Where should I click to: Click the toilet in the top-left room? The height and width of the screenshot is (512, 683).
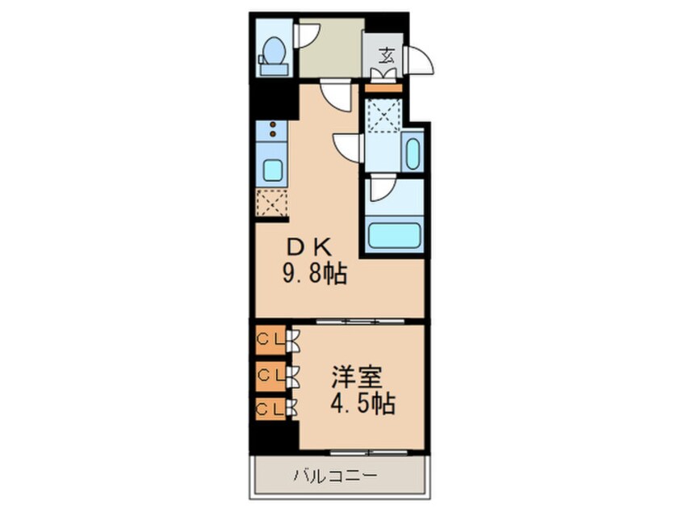pos(274,53)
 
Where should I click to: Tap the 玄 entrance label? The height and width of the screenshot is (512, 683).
pos(387,56)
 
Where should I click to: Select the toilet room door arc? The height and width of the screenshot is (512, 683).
pos(308,35)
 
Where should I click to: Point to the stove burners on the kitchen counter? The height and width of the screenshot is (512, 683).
pos(273,128)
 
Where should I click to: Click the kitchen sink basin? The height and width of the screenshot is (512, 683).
pos(273,170)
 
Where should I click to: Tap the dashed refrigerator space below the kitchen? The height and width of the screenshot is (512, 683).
pos(272,203)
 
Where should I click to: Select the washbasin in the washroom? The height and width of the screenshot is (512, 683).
pos(413,153)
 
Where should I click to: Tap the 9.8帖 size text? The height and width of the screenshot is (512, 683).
pos(314,275)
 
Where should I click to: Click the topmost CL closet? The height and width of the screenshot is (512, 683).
pos(270,340)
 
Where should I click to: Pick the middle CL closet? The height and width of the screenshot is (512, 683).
pos(270,374)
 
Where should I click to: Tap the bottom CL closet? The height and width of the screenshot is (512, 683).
pos(270,409)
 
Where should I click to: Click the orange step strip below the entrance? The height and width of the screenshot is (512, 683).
pos(382,87)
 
